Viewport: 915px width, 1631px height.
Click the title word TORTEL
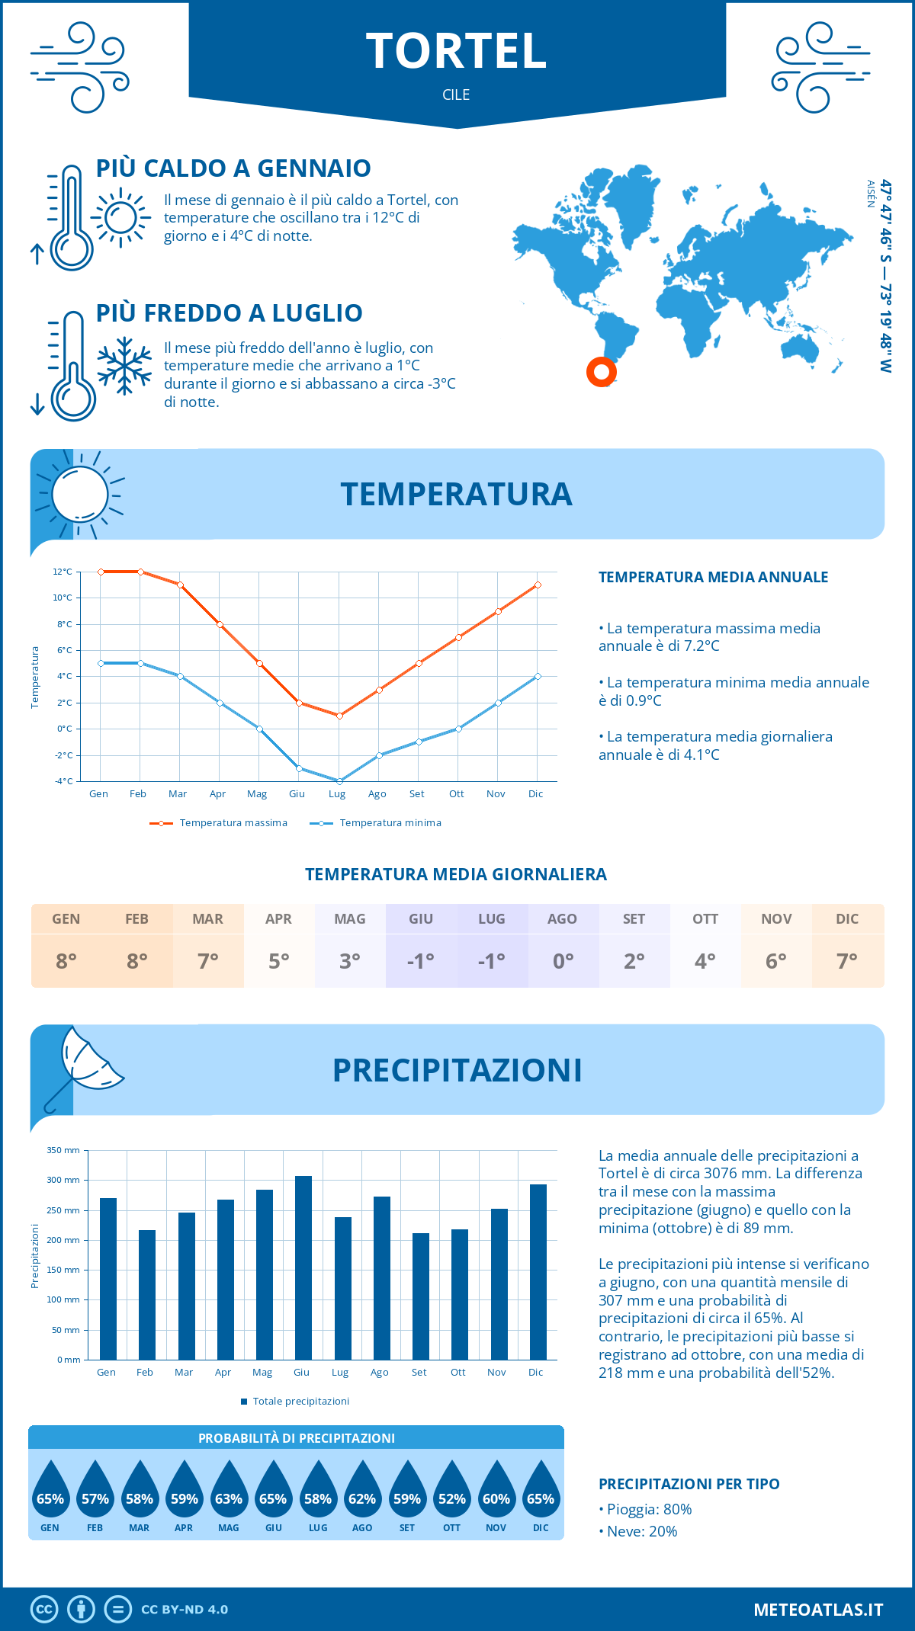point(456,51)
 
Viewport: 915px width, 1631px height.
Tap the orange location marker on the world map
point(602,372)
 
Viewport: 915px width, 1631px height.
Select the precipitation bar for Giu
point(303,1267)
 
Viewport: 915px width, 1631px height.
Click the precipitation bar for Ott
point(459,1294)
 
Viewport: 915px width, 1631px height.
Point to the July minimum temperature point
point(339,781)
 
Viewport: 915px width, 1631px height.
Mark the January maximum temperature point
point(101,572)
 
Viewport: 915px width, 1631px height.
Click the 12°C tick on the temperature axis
point(63,572)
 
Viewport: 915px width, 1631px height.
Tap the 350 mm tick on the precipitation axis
point(63,1150)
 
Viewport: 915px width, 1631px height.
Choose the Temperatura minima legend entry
point(376,823)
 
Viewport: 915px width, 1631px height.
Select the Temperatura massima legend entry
point(219,823)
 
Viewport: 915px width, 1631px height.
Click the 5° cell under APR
point(278,961)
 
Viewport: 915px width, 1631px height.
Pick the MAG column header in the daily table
point(349,919)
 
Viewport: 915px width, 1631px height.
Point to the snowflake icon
point(124,366)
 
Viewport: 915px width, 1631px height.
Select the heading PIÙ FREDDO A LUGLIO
point(229,313)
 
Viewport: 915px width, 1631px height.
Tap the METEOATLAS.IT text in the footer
point(817,1610)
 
